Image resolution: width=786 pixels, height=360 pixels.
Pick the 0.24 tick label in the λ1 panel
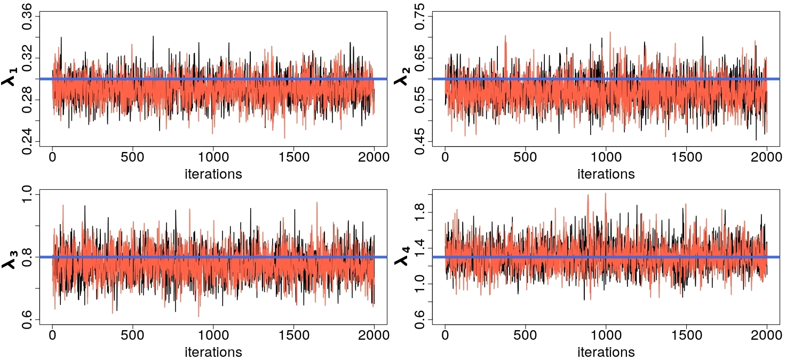[x=27, y=142]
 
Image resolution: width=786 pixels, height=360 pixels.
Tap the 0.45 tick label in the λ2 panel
[x=419, y=142]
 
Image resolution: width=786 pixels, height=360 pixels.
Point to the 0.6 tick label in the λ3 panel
[x=27, y=319]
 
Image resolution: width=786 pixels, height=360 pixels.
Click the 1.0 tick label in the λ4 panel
[x=419, y=284]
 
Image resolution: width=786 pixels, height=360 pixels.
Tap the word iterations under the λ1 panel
[x=213, y=174]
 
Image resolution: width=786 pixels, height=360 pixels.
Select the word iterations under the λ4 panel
[x=606, y=352]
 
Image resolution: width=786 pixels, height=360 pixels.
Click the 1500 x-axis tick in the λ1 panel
[x=293, y=157]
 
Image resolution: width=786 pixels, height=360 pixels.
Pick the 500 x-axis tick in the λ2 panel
[x=525, y=157]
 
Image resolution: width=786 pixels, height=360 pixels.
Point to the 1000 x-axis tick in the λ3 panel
[x=213, y=335]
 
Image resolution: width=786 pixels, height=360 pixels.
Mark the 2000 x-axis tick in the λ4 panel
[x=767, y=335]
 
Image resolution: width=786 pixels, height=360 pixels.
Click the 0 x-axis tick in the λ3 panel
[x=53, y=335]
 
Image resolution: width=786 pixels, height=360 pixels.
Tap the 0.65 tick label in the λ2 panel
[x=419, y=58]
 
